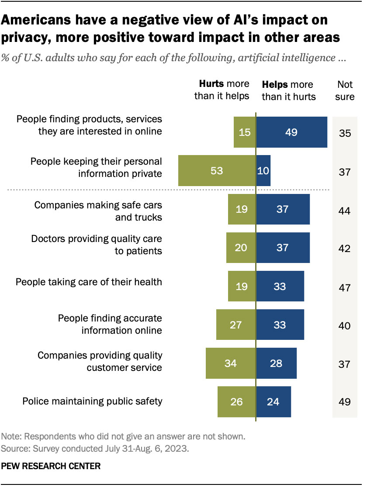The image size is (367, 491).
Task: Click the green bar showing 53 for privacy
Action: coord(217,171)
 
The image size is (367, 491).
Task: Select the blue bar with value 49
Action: coord(291,132)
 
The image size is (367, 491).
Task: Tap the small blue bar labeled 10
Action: coord(263,171)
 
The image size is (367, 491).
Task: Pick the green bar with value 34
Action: coord(231,363)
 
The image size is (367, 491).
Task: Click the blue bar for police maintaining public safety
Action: coord(274,401)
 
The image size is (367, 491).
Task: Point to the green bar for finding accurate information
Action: coord(236,325)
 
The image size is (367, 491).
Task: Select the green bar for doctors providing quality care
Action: coord(241,248)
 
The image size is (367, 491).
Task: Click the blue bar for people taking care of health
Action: coord(280,286)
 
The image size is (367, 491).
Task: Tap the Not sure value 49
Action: coord(345,401)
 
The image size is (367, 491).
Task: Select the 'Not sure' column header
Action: coord(345,90)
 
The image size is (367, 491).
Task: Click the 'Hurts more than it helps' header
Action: coord(222,90)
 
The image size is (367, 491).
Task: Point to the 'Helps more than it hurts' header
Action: coord(288,90)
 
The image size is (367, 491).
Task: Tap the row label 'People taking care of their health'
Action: coord(89,282)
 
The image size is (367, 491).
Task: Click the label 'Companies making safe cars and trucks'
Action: coord(98,211)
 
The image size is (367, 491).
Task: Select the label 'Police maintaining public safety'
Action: coord(92,401)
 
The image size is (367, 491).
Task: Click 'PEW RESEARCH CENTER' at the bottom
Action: coord(51,467)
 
